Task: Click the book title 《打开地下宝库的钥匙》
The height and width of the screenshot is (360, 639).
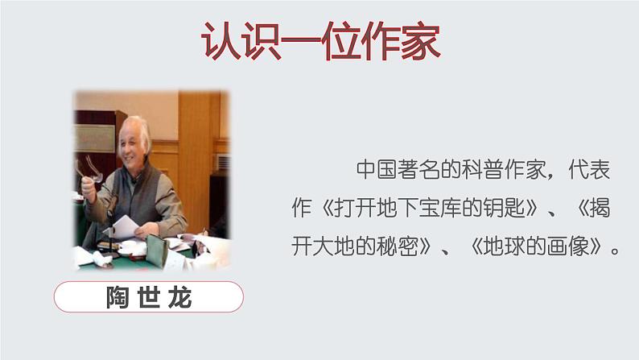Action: pos(423,209)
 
